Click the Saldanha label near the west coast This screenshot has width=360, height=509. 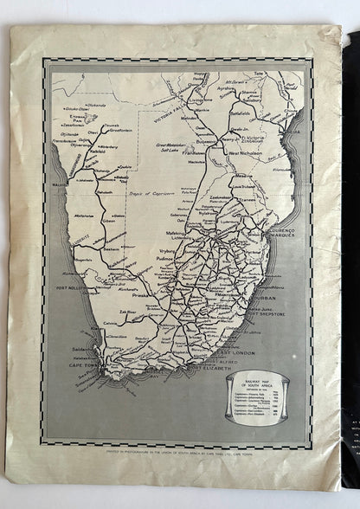pyautogui.click(x=75, y=347)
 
